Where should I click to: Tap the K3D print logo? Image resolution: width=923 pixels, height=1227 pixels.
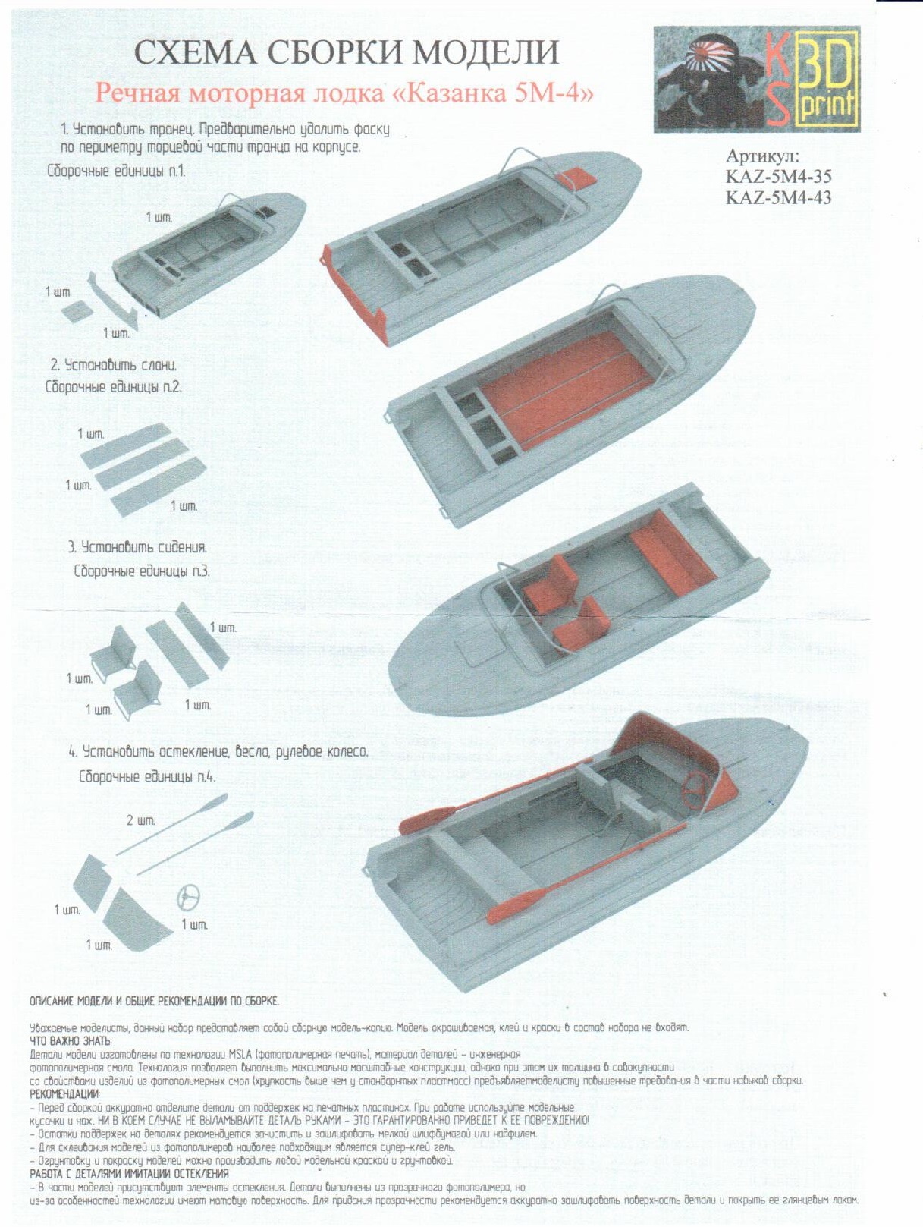(x=756, y=79)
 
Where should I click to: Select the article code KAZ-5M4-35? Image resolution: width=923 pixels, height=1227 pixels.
(x=778, y=177)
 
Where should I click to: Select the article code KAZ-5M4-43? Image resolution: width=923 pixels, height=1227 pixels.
(x=778, y=197)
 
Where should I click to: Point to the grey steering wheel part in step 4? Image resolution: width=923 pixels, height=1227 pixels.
(x=188, y=898)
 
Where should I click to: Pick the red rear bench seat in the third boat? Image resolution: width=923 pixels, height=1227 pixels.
(x=672, y=552)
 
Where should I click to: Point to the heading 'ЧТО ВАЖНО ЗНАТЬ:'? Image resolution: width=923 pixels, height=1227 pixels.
(x=70, y=1040)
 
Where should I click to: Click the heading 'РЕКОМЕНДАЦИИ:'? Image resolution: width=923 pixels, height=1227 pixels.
(x=64, y=1093)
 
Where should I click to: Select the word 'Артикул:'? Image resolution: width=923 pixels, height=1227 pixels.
(x=762, y=156)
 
